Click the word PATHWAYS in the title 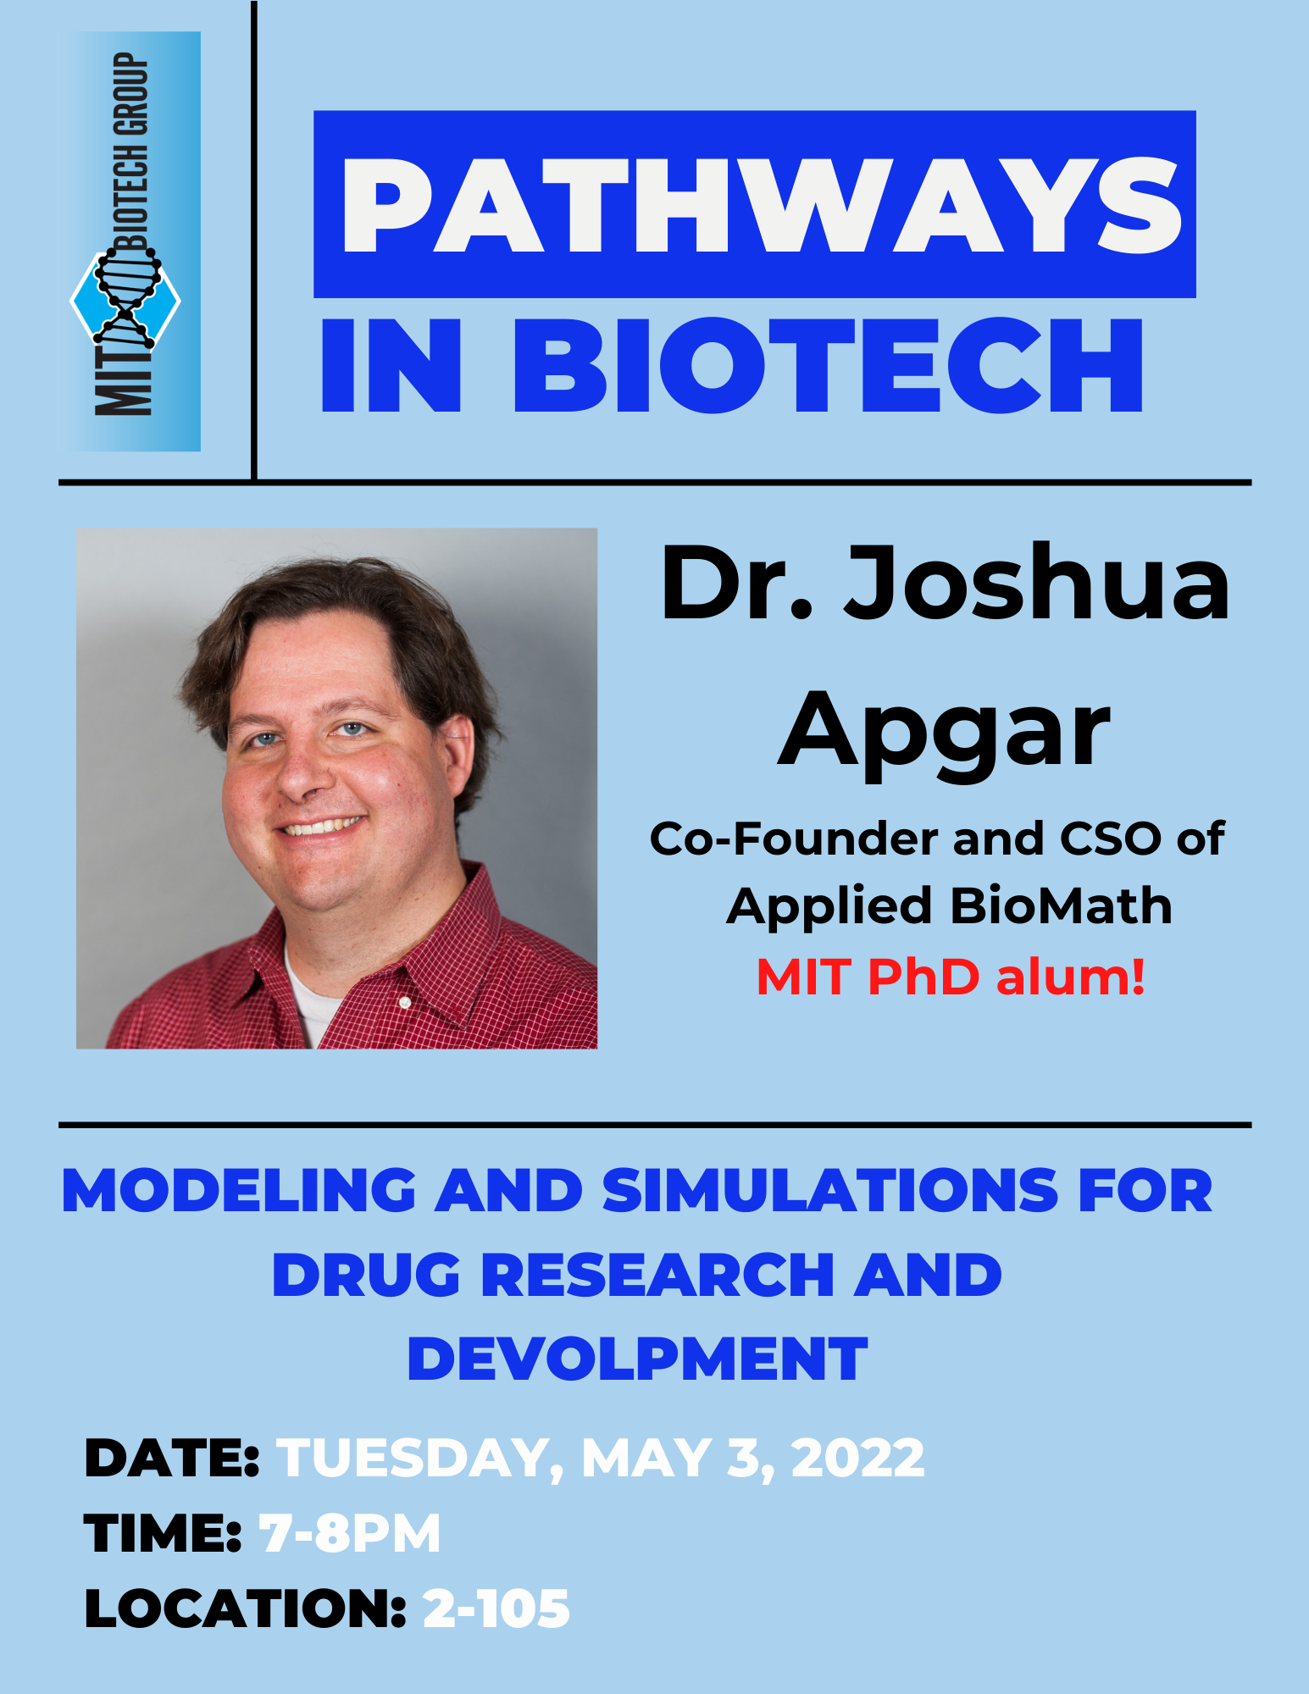click(761, 206)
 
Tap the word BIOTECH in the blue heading click(829, 366)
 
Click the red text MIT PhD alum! click(951, 977)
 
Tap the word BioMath click(1062, 905)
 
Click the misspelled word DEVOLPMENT click(638, 1359)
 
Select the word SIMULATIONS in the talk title click(831, 1190)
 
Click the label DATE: click(172, 1459)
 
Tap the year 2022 click(857, 1459)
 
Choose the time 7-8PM click(350, 1533)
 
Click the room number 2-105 click(496, 1608)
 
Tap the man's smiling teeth click(323, 826)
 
